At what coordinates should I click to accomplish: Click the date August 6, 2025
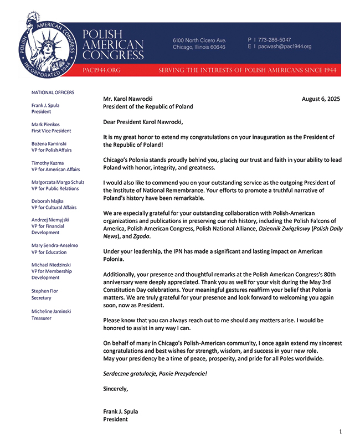(x=321, y=99)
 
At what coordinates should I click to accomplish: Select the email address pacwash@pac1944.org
(x=284, y=47)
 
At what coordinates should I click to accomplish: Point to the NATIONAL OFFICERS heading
(x=53, y=92)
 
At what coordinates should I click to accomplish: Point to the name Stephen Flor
(x=45, y=291)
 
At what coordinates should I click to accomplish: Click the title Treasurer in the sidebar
(x=42, y=318)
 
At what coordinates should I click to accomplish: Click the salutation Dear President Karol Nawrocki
(x=143, y=122)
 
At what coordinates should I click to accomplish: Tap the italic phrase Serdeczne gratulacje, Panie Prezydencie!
(x=155, y=374)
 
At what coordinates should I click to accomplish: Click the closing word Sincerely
(x=115, y=389)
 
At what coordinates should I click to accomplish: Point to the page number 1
(x=341, y=431)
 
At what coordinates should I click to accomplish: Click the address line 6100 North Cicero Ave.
(x=199, y=40)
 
